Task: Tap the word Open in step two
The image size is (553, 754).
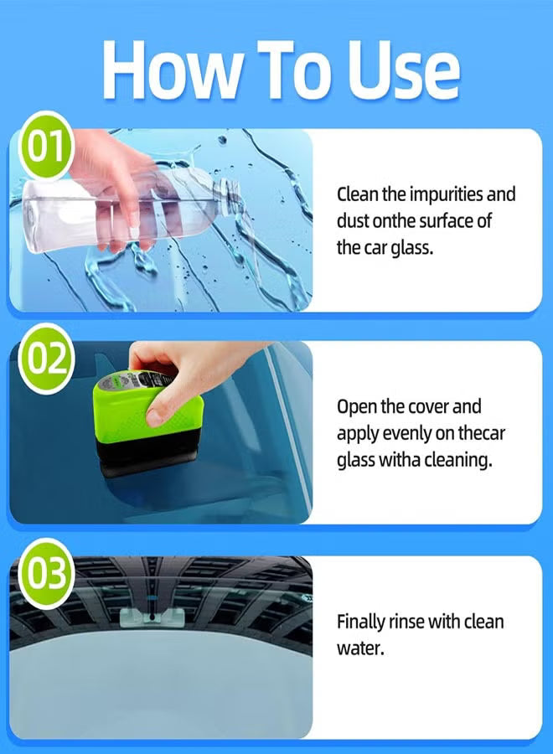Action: (x=355, y=408)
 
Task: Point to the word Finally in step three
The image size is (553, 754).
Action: (x=362, y=622)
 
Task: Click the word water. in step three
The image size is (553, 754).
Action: (x=360, y=648)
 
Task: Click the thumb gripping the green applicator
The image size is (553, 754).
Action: (x=159, y=406)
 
